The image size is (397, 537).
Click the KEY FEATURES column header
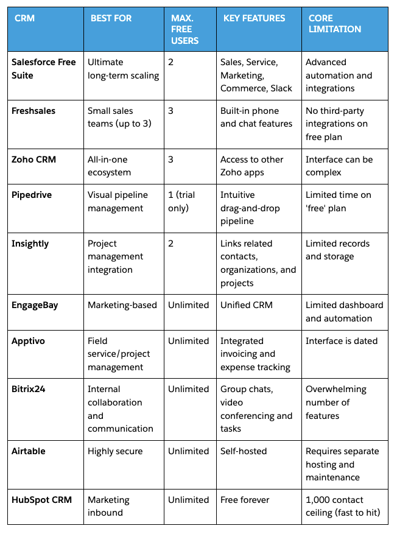[255, 18]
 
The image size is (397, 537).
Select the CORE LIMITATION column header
[335, 24]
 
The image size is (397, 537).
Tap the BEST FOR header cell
[111, 18]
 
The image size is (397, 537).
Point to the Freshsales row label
[33, 111]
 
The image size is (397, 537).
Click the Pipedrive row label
[32, 195]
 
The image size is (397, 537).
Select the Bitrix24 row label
[30, 389]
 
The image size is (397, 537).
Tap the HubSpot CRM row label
[41, 500]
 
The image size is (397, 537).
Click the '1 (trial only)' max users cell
[183, 202]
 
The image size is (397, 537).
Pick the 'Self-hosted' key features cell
[246, 451]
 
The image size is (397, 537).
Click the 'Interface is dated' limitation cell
[342, 341]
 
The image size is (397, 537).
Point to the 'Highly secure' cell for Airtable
[115, 451]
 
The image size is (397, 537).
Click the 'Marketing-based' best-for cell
[122, 305]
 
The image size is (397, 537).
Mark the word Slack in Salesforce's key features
[281, 88]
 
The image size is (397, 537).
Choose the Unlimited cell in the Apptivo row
[188, 341]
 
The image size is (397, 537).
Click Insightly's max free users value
[171, 244]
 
